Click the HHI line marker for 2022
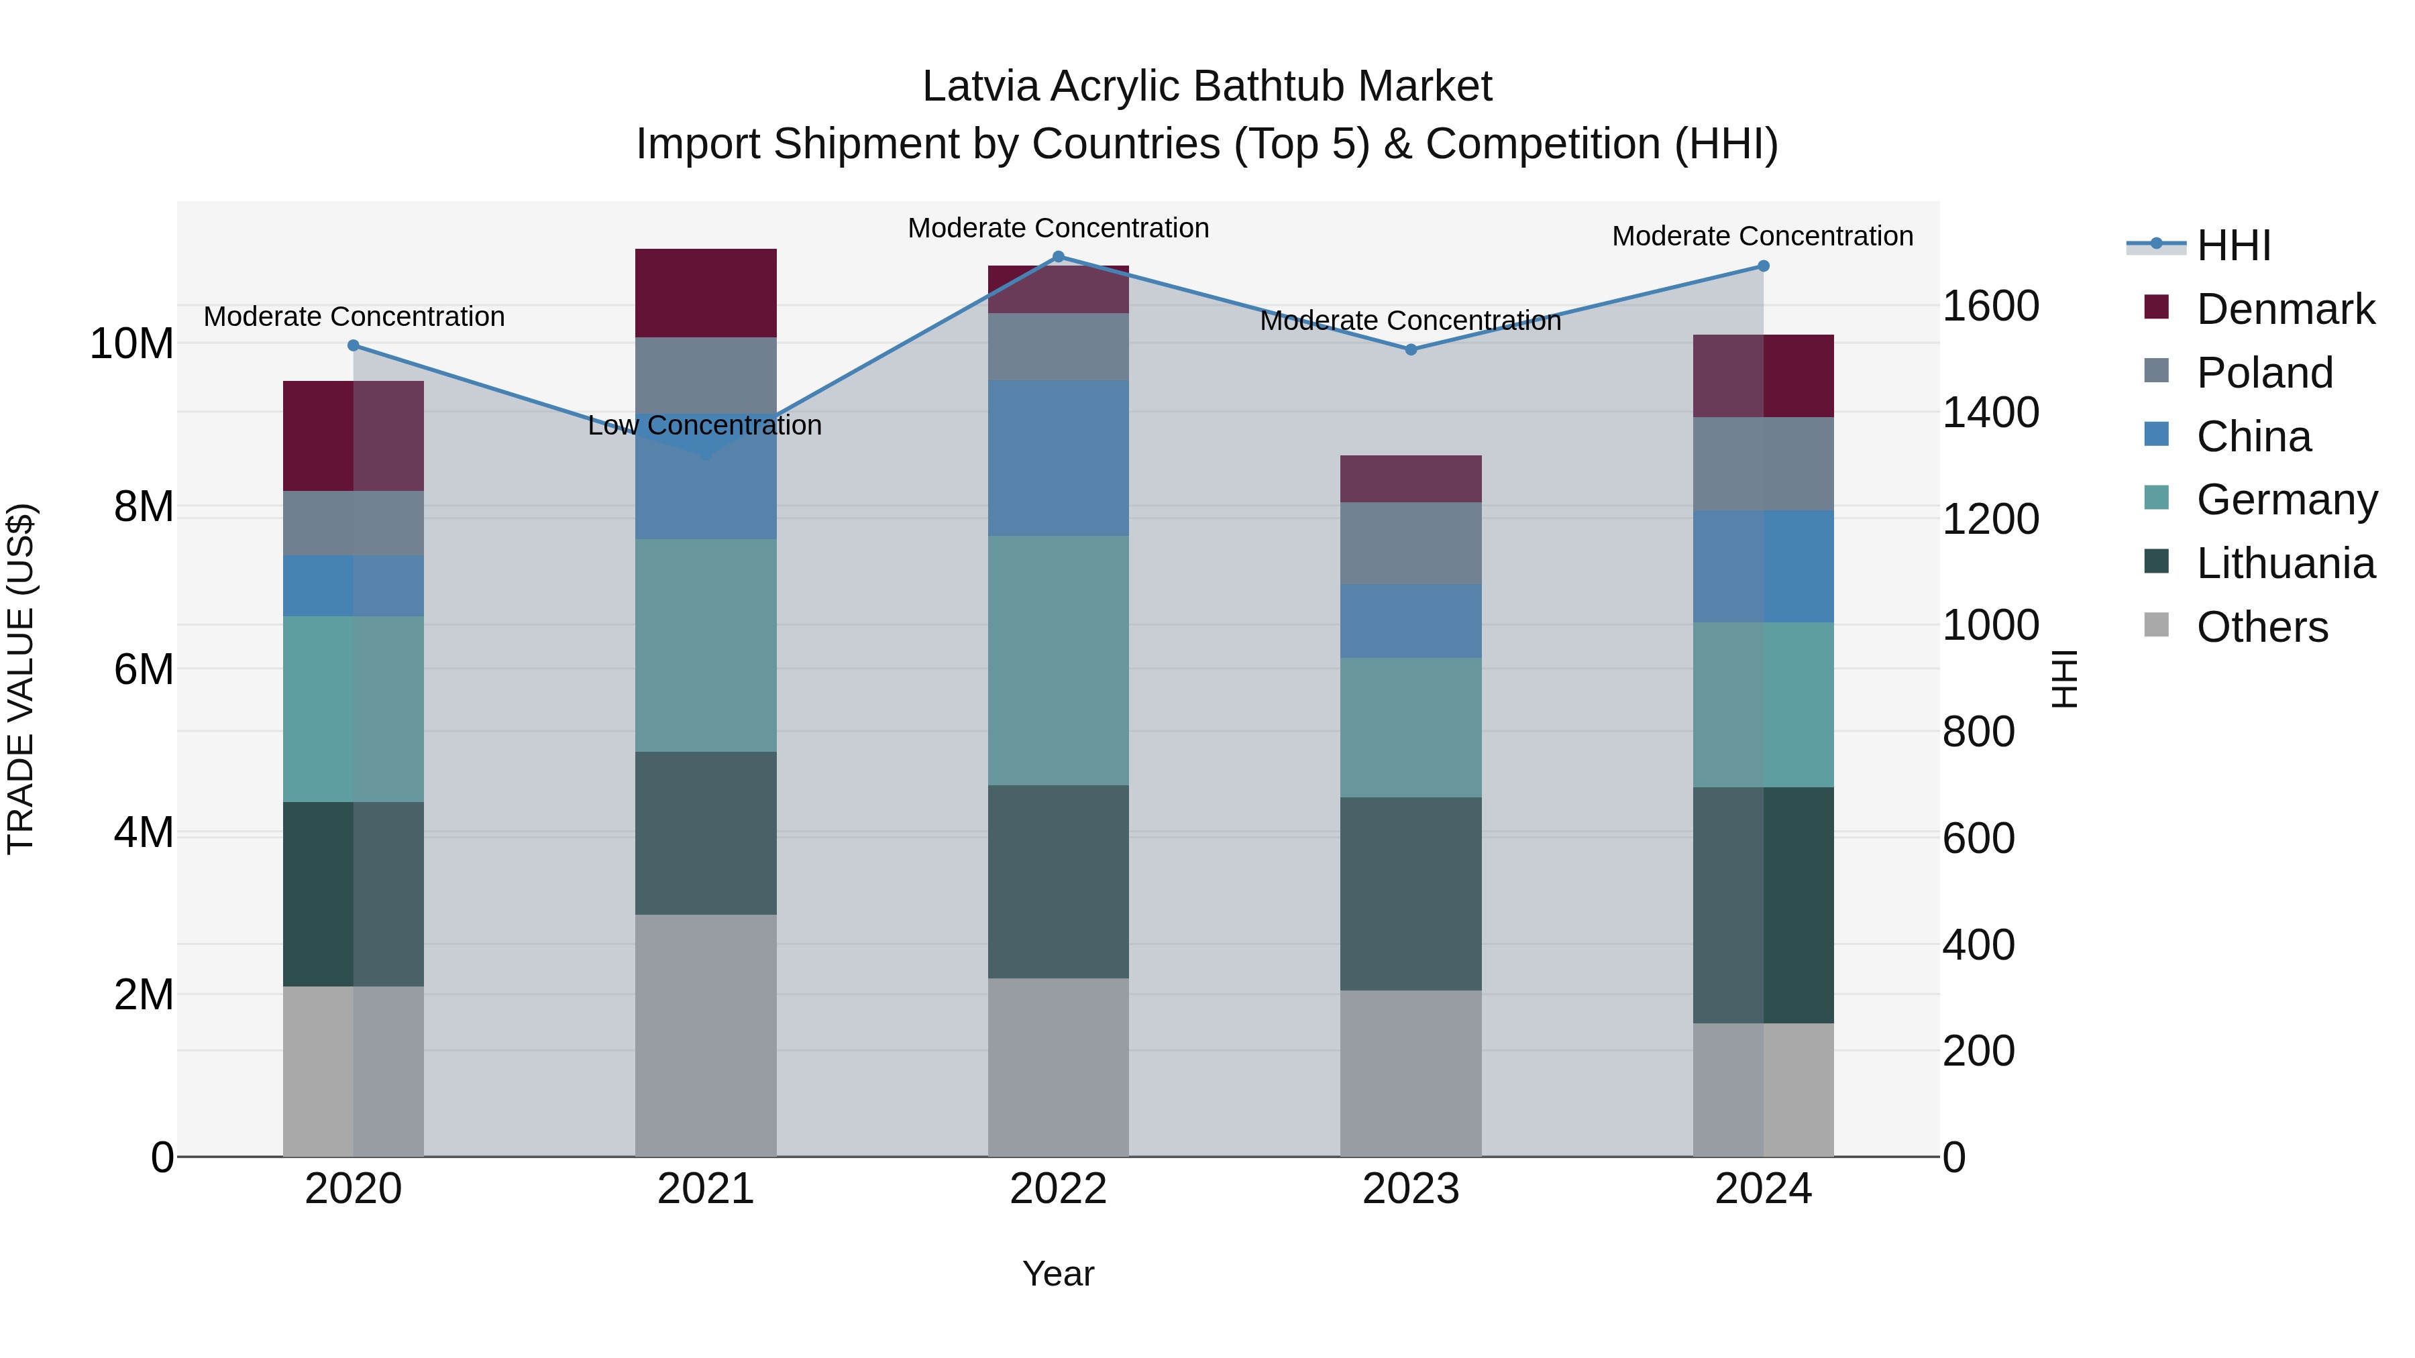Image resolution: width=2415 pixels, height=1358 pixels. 1059,257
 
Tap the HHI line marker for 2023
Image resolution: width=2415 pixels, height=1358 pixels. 1411,349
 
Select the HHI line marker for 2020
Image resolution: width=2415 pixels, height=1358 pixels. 354,346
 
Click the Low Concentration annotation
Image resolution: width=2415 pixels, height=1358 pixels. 705,425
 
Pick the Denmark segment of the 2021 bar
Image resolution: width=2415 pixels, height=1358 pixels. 706,293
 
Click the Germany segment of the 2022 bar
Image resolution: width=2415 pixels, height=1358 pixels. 1059,661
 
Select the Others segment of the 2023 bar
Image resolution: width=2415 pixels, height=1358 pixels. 1411,1073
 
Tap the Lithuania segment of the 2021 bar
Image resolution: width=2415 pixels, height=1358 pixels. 706,833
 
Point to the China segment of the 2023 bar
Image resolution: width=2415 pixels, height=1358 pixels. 1411,622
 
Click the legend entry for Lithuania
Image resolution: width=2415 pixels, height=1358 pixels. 2285,563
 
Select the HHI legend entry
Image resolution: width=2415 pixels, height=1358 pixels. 2233,245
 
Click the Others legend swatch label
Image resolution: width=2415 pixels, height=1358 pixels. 2261,627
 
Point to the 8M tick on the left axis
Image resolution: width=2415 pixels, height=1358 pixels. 144,507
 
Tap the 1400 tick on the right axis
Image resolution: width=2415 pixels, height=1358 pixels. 1990,412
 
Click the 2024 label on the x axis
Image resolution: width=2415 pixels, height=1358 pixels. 1762,1189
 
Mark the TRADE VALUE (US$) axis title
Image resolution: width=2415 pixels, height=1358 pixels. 21,679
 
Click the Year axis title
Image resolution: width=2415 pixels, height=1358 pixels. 1059,1274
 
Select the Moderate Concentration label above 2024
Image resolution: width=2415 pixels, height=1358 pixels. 1762,236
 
